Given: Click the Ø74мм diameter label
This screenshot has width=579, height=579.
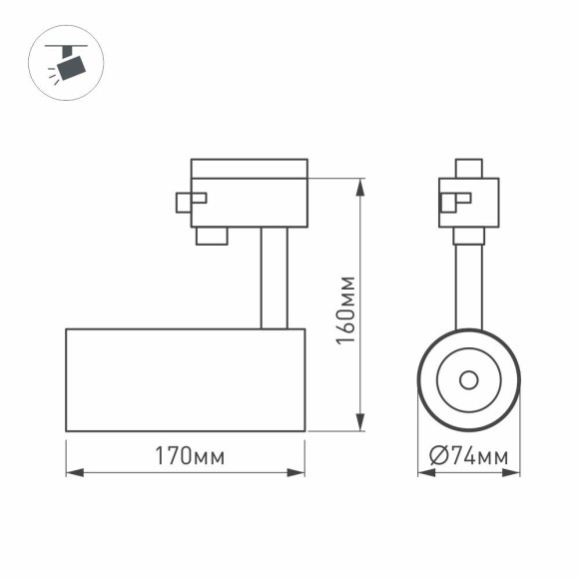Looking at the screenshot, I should [468, 456].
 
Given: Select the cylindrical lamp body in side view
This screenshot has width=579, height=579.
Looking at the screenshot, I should [185, 379].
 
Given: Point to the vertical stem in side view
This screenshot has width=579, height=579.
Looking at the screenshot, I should [275, 278].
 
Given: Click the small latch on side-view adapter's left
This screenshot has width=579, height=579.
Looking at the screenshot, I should [189, 201].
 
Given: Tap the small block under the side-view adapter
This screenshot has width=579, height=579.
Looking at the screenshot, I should [211, 236].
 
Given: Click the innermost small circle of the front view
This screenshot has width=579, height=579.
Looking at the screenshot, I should [468, 379].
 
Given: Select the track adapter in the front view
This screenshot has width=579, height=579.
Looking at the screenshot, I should [469, 203].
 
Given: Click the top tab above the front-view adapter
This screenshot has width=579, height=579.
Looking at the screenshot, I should [468, 168].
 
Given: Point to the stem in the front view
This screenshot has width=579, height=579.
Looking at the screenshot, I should [468, 285].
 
